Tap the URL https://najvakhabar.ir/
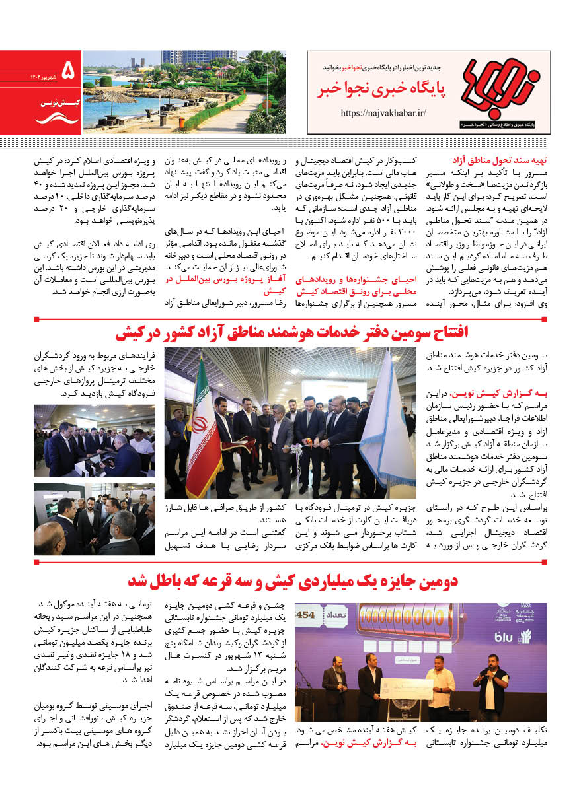(x=384, y=113)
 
